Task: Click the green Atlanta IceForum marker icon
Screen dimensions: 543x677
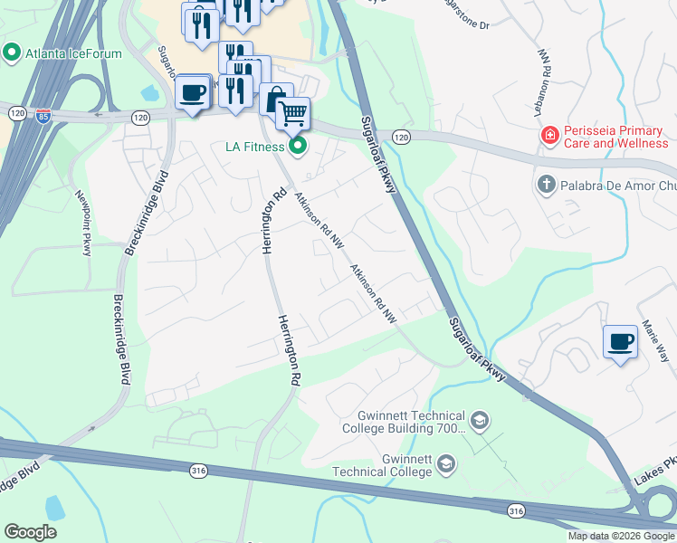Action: point(11,53)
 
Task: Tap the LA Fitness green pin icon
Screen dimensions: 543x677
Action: point(298,146)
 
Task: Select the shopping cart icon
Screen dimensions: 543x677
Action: point(291,114)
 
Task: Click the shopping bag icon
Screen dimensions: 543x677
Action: point(275,98)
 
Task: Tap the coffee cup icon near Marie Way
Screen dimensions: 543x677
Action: point(620,342)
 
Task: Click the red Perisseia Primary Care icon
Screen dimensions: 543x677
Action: point(548,136)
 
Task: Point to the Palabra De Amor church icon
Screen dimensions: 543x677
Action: point(546,186)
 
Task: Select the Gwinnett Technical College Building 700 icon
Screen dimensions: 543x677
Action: point(479,421)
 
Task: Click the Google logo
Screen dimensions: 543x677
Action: point(30,531)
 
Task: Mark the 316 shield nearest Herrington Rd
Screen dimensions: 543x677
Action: point(198,471)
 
